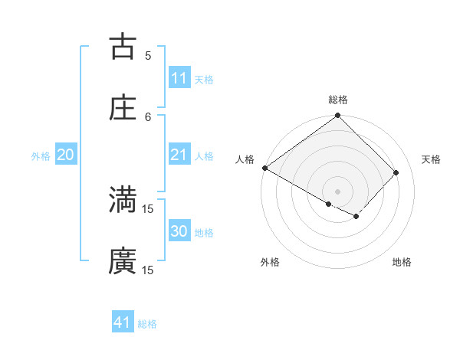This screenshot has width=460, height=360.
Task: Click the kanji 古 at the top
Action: click(123, 47)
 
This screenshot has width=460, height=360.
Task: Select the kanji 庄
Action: click(123, 108)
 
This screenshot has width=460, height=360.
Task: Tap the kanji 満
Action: click(123, 200)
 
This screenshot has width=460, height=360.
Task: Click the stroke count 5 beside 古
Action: click(148, 55)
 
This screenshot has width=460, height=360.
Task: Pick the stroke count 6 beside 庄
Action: click(148, 116)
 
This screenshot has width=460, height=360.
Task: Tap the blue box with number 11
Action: click(179, 78)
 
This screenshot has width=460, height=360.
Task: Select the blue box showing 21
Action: click(179, 155)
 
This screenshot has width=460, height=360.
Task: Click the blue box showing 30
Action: click(179, 231)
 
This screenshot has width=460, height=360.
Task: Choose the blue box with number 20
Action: click(66, 155)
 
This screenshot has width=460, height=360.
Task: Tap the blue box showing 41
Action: click(123, 322)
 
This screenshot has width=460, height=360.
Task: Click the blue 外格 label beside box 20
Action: click(41, 155)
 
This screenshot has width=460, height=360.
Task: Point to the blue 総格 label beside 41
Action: click(147, 324)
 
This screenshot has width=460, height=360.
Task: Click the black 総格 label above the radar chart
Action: click(338, 100)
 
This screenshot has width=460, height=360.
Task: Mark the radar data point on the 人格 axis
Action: click(265, 168)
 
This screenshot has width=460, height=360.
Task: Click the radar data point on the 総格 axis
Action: click(338, 116)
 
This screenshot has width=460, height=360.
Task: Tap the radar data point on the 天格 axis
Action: click(396, 172)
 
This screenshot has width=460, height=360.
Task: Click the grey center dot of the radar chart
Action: click(338, 191)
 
